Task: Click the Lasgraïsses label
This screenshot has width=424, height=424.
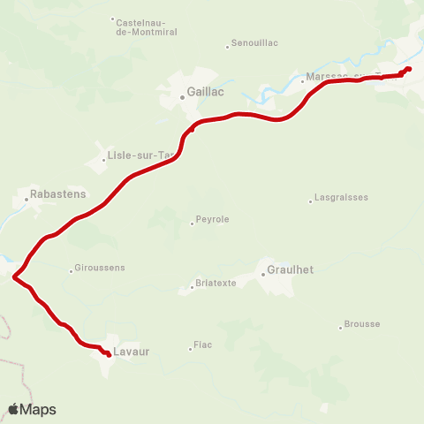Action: point(342,199)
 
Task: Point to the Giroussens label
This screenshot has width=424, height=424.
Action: point(101,268)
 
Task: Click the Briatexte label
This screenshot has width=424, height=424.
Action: point(216,284)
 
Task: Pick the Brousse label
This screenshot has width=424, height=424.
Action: point(362,324)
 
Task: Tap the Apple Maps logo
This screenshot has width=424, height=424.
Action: point(32,409)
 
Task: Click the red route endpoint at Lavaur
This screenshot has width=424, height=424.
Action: point(108,354)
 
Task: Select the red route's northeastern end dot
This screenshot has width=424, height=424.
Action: point(408,70)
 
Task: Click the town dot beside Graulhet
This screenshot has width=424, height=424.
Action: point(262,275)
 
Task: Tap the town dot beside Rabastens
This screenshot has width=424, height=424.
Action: point(26,199)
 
